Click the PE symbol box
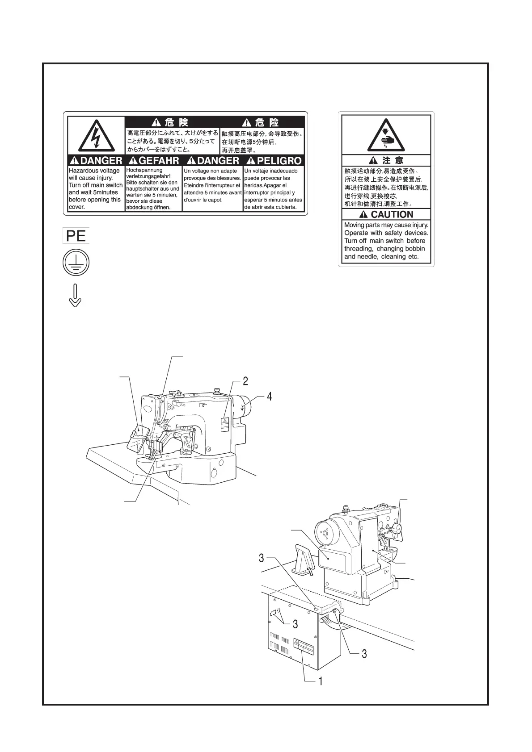pos(76,235)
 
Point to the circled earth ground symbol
pos(76,263)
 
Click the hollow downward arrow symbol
pos(75,295)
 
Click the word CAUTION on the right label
pos(392,214)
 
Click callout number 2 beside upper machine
pos(245,381)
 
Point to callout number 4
pos(269,396)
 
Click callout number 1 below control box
pos(320,681)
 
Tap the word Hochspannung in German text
pos(144,170)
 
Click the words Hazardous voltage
pos(94,171)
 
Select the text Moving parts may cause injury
pos(386,225)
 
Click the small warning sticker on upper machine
pos(225,423)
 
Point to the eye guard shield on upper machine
pos(139,436)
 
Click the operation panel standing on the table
pos(305,559)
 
